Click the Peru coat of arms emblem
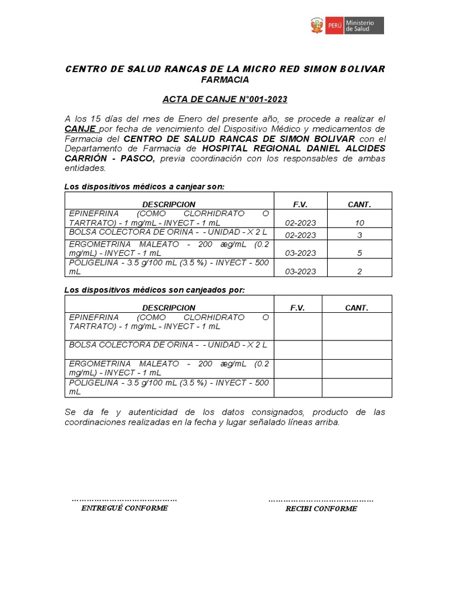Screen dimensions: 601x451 [317, 25]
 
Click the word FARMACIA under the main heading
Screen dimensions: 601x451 [225, 80]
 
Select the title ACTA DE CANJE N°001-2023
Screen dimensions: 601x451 [225, 100]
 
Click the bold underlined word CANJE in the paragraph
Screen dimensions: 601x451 [80, 129]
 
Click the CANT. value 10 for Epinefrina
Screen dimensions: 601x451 [359, 223]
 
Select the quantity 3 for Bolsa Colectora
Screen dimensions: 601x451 [359, 235]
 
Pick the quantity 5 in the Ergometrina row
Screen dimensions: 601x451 [359, 253]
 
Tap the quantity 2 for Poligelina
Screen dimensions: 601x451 [359, 271]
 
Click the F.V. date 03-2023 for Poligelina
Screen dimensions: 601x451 [300, 271]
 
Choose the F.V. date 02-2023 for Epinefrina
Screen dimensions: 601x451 [300, 223]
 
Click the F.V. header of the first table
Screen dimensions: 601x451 [300, 204]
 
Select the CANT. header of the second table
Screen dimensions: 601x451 [356, 308]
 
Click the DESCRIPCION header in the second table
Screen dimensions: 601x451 [169, 308]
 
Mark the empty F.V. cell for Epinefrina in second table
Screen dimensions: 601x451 [298, 326]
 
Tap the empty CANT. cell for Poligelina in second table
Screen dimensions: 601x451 [356, 387]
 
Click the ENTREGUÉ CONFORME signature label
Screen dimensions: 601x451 [124, 508]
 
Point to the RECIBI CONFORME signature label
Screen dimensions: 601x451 [321, 508]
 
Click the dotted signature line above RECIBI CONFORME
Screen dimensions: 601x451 [321, 500]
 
